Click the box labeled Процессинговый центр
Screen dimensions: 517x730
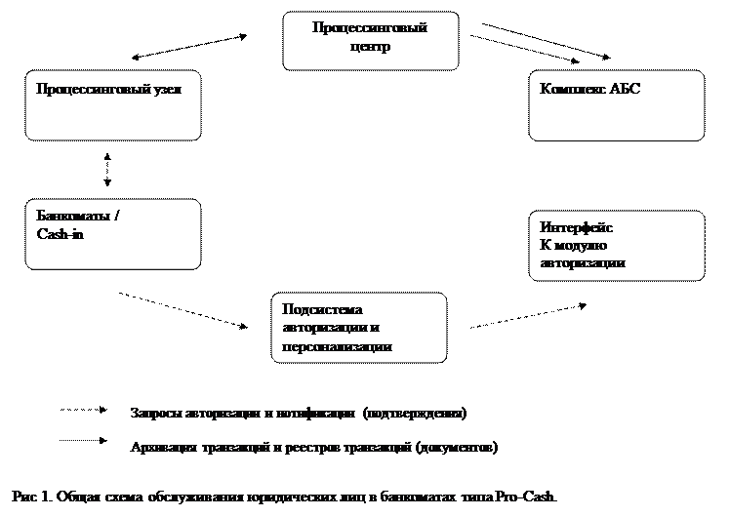370,41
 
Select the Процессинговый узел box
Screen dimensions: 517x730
113,105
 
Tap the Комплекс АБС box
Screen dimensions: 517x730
616,105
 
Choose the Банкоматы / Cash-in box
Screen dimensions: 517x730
113,234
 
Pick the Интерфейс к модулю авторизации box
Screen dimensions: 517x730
616,246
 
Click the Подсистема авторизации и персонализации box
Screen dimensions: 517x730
359,327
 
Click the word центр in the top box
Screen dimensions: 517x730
370,48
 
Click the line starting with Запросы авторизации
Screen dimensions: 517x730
299,414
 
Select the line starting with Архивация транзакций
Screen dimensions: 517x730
313,448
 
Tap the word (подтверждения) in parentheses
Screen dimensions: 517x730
415,414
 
